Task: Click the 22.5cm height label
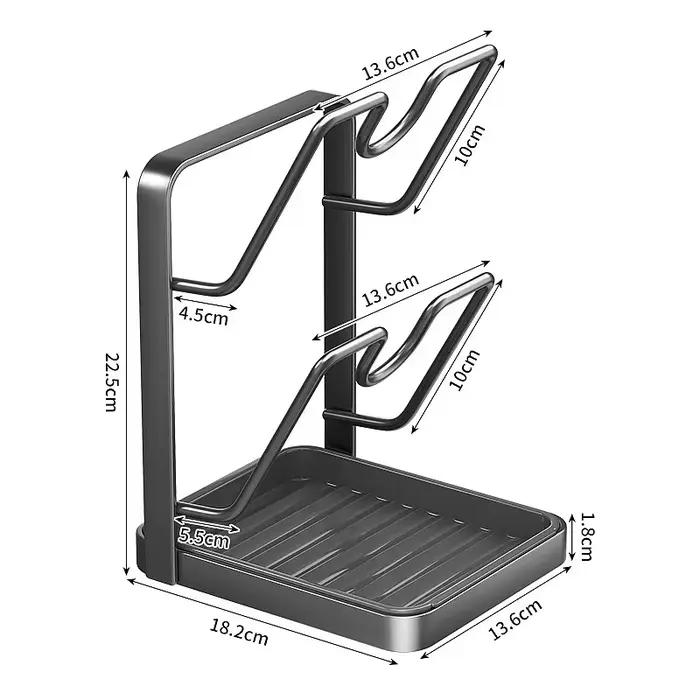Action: pyautogui.click(x=112, y=382)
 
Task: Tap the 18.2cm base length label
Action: pyautogui.click(x=239, y=632)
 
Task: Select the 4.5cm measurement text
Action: pyautogui.click(x=204, y=317)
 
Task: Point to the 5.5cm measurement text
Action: pyautogui.click(x=204, y=538)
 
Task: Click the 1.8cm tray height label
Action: pyautogui.click(x=586, y=536)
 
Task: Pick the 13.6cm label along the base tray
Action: pyautogui.click(x=515, y=620)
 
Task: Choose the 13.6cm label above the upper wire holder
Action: pyautogui.click(x=390, y=63)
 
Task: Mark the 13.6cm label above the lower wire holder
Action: pyautogui.click(x=390, y=291)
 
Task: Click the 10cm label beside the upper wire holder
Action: pyautogui.click(x=470, y=145)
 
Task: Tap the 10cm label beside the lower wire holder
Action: pyautogui.click(x=465, y=370)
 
